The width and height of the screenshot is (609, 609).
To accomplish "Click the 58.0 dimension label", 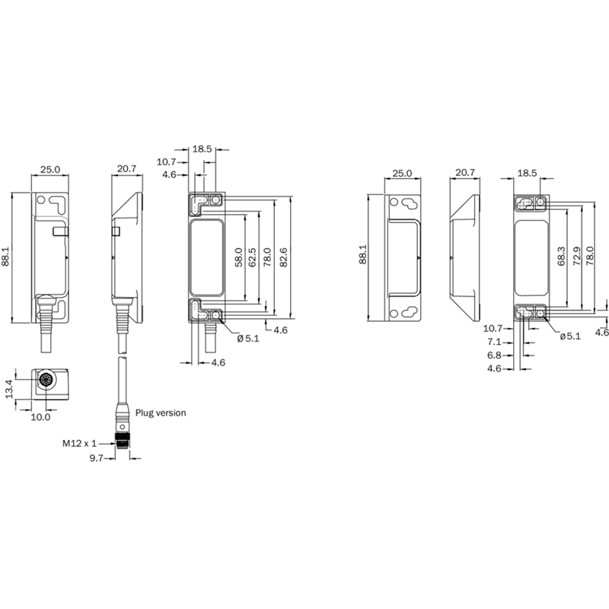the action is (x=239, y=257).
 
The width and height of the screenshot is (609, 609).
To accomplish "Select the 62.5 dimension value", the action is (x=253, y=257).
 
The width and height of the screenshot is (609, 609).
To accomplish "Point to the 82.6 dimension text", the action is (x=283, y=257).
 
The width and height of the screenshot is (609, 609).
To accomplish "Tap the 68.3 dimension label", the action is (x=561, y=257).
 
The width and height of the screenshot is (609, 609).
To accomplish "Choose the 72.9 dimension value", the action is (x=577, y=257).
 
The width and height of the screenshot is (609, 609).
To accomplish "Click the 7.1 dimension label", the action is (x=494, y=342).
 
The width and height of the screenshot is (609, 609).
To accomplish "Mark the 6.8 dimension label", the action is (x=494, y=356).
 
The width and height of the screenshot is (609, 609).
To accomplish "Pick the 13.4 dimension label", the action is (x=10, y=389).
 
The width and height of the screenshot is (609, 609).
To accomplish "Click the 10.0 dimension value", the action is (x=41, y=417).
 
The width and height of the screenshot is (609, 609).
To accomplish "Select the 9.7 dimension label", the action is (x=97, y=458).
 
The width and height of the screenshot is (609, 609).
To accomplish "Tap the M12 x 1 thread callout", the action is (x=80, y=443).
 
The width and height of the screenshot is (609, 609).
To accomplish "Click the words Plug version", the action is (x=161, y=413).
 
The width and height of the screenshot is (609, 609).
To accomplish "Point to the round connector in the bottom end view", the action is (x=46, y=379).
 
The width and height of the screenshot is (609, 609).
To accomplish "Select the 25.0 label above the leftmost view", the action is (x=50, y=170).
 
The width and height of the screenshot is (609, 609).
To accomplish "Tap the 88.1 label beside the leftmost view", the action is (x=6, y=257).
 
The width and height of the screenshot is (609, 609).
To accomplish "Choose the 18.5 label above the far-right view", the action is (x=527, y=174).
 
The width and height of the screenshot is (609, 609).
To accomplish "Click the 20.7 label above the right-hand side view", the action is (x=465, y=173).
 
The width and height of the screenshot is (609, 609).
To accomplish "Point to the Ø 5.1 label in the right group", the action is (x=570, y=336).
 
